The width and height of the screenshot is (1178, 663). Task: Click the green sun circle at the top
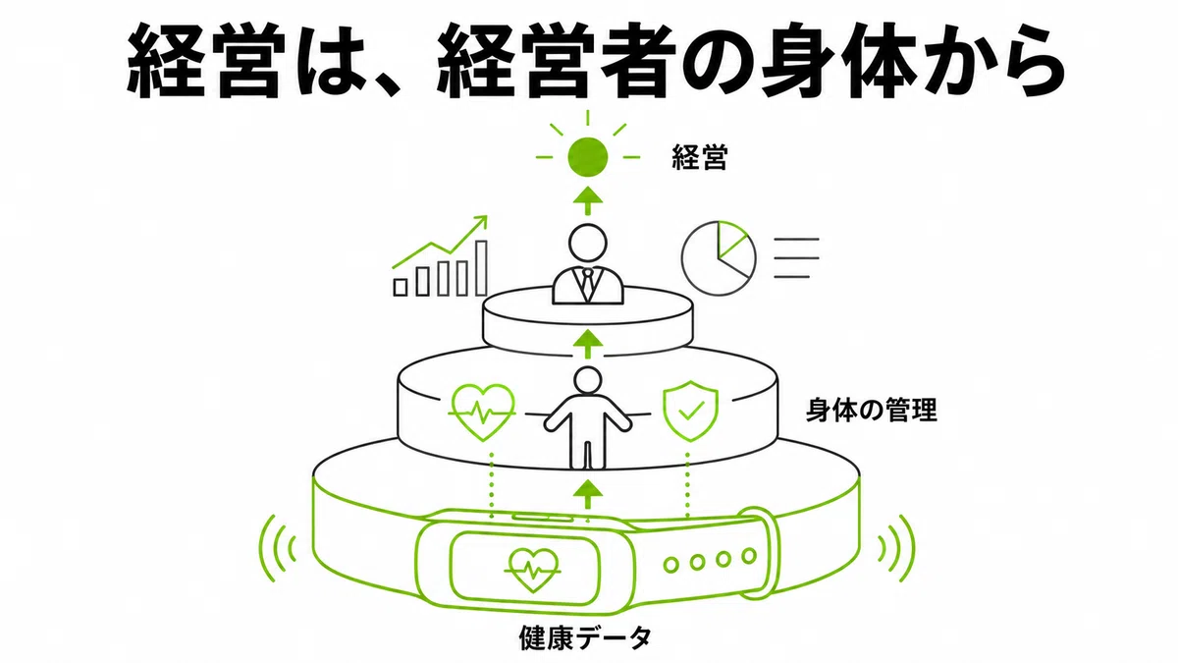587,156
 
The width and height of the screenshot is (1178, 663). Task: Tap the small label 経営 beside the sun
700,157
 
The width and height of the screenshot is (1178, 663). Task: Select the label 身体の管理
872,411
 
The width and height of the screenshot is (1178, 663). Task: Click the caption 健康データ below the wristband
585,637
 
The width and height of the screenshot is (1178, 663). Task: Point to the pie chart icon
718,257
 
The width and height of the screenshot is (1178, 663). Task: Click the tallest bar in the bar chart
481,268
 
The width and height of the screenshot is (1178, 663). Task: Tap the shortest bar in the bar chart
401,287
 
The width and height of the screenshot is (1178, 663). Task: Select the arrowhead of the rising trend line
481,222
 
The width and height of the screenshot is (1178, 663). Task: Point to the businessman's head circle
587,244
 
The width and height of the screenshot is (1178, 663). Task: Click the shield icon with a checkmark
690,411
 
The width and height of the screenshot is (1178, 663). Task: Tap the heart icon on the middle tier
482,412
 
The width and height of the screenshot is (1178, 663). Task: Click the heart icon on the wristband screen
533,571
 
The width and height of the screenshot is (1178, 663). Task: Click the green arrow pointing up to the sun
587,200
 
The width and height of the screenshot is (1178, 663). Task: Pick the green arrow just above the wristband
587,493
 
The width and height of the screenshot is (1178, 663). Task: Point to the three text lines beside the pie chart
796,257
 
